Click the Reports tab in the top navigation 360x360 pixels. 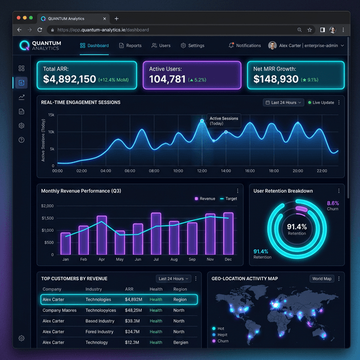pos(130,46)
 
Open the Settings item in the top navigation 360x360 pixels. pos(192,46)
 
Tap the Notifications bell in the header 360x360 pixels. pos(245,46)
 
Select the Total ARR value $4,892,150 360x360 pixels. pos(70,79)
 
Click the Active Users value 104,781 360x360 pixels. pos(167,79)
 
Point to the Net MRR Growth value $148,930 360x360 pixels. pos(276,79)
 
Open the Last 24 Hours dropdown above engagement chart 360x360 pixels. pos(283,102)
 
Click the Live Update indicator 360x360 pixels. pos(321,102)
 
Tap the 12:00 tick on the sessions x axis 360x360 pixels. pos(202,170)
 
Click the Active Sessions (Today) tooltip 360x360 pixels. pos(223,121)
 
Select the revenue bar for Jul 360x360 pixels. pos(156,233)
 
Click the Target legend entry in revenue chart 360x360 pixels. pos(229,199)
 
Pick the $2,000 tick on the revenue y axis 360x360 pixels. pos(47,205)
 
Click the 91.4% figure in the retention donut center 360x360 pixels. pos(296,226)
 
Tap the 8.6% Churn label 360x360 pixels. pos(333,205)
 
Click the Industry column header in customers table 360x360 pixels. pos(93,289)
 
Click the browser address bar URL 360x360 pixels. pos(103,29)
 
